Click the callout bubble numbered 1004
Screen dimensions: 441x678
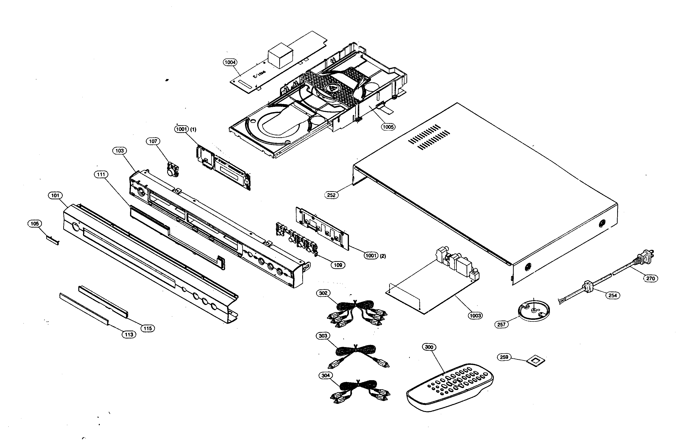coord(230,62)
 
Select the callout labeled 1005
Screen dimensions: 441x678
coord(388,127)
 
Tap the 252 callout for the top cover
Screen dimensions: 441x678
coord(331,195)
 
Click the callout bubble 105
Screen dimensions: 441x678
coord(34,224)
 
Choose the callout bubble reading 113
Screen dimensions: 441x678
coord(129,334)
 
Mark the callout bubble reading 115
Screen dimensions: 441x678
coord(148,328)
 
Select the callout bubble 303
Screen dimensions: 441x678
coord(323,336)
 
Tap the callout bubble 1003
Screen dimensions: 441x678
coord(475,316)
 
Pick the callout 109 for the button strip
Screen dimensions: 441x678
coord(338,265)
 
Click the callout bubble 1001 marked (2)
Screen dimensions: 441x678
coord(371,256)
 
